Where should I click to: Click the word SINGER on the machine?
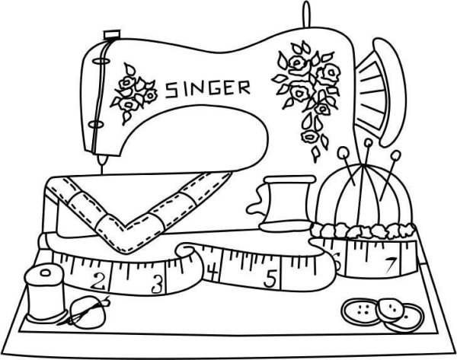point(208,88)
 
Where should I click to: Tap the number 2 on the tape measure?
point(98,281)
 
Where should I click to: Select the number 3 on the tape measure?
point(157,285)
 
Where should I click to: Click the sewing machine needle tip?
point(102,172)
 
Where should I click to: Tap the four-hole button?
point(361,311)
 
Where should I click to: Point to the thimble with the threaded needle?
point(88,311)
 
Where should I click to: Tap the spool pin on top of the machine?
point(306,14)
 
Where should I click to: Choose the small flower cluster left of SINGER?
point(133,93)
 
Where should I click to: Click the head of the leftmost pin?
point(343,151)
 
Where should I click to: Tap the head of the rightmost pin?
point(396,155)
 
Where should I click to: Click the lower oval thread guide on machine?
point(95,124)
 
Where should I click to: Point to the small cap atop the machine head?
point(111,34)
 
